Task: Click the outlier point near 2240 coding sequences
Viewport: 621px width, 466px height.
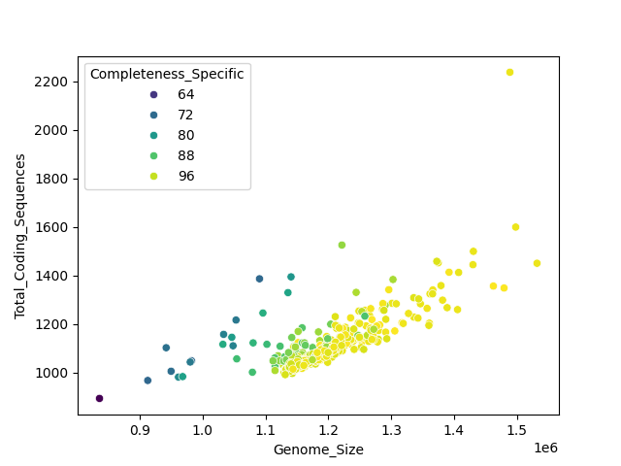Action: tap(509, 72)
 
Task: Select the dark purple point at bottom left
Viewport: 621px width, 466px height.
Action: tap(99, 398)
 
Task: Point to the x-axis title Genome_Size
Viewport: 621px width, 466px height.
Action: tap(318, 449)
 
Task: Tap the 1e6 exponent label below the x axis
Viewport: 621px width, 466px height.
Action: tap(546, 447)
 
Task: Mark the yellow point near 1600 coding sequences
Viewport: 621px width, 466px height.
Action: tap(515, 227)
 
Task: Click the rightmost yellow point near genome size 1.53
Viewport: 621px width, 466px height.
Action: tap(537, 263)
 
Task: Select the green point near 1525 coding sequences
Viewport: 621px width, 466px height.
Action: tap(342, 245)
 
